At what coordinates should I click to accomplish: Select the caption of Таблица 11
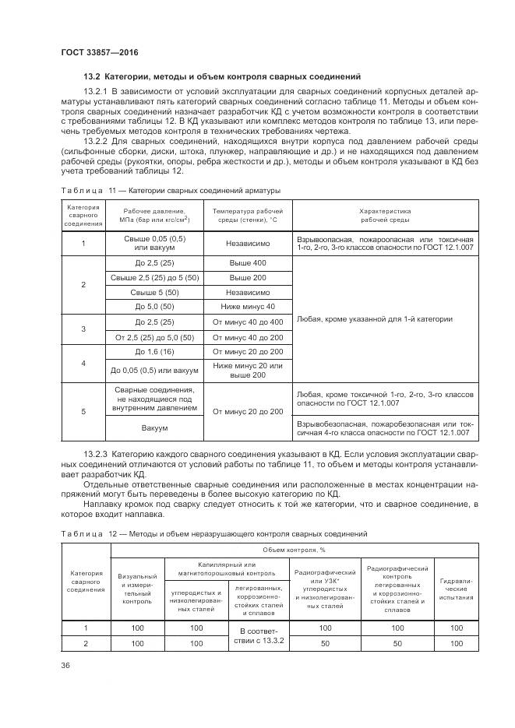pyautogui.click(x=170, y=190)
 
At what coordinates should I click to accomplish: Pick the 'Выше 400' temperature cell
pyautogui.click(x=248, y=263)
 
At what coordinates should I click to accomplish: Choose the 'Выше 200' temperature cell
pyautogui.click(x=248, y=277)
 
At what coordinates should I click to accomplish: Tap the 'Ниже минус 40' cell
pyautogui.click(x=248, y=306)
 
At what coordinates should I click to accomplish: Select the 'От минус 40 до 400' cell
pyautogui.click(x=248, y=321)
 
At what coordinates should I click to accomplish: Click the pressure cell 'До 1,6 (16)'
pyautogui.click(x=154, y=352)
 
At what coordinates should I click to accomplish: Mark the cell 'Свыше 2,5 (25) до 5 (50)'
pyautogui.click(x=154, y=277)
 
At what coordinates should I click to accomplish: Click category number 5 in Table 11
pyautogui.click(x=83, y=411)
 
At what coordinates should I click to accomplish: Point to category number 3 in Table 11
pyautogui.click(x=83, y=329)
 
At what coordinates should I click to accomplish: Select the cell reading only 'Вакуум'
pyautogui.click(x=154, y=427)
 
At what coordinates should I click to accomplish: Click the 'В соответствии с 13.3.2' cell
pyautogui.click(x=245, y=636)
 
